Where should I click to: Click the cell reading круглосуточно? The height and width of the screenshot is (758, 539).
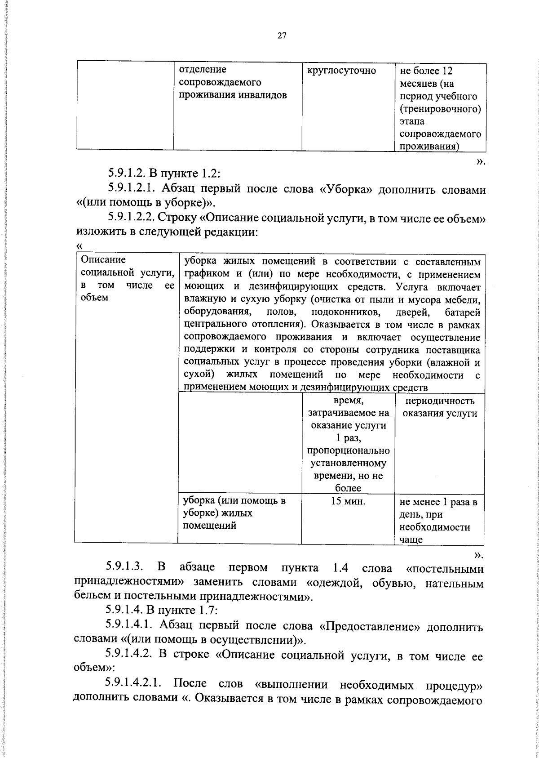[x=342, y=71]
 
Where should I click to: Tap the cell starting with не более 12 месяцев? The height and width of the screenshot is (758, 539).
[x=440, y=108]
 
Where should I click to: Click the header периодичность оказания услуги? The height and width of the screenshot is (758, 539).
[x=440, y=407]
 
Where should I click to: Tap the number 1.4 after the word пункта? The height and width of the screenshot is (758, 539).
[x=341, y=568]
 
